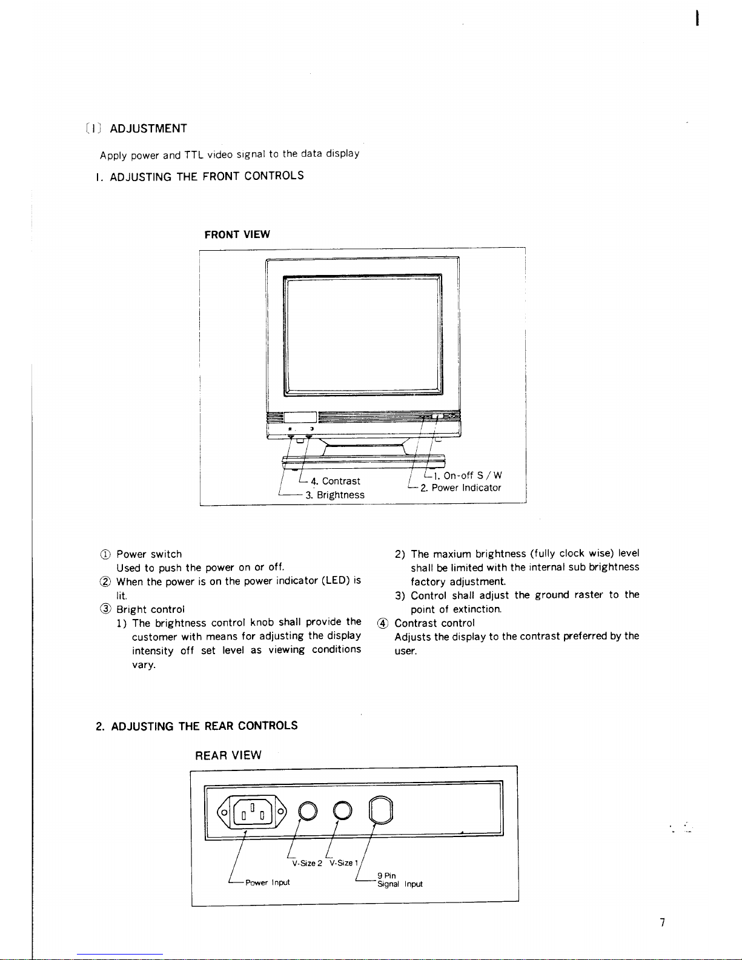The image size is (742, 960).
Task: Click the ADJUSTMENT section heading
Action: pos(148,128)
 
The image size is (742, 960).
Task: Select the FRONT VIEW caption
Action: pos(237,234)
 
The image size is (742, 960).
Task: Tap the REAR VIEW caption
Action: pos(228,755)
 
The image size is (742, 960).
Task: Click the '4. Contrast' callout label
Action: pos(335,481)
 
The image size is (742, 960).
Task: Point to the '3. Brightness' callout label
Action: pos(335,495)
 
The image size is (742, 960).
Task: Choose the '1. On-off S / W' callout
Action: pos(468,475)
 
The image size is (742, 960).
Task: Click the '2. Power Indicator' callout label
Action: pos(461,488)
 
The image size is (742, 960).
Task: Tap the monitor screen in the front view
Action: pos(363,335)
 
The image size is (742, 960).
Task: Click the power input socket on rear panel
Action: pos(252,812)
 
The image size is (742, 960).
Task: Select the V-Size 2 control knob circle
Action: pos(308,811)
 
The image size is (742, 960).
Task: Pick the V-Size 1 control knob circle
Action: pos(343,811)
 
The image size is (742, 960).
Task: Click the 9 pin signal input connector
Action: pos(381,810)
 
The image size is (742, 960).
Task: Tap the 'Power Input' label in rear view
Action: pos(267,882)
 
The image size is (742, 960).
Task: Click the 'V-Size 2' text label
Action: pos(307,863)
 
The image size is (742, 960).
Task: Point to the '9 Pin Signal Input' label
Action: pos(400,879)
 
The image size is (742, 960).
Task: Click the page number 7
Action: pos(663,922)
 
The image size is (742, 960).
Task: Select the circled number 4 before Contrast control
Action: pos(382,623)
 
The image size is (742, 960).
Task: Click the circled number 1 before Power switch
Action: pos(105,554)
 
